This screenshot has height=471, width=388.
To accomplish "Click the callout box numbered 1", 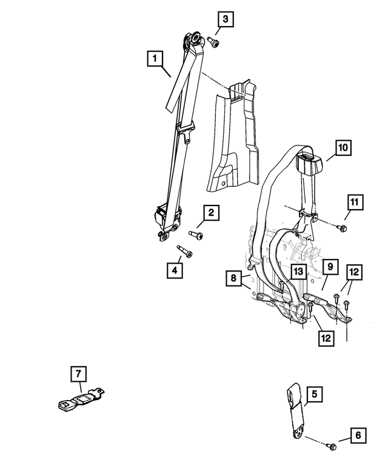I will pos(155,59).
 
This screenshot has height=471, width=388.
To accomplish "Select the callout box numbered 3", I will pos(225,20).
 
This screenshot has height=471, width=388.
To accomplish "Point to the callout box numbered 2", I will pos(211,213).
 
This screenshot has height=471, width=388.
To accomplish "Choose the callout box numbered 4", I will pos(175,270).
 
